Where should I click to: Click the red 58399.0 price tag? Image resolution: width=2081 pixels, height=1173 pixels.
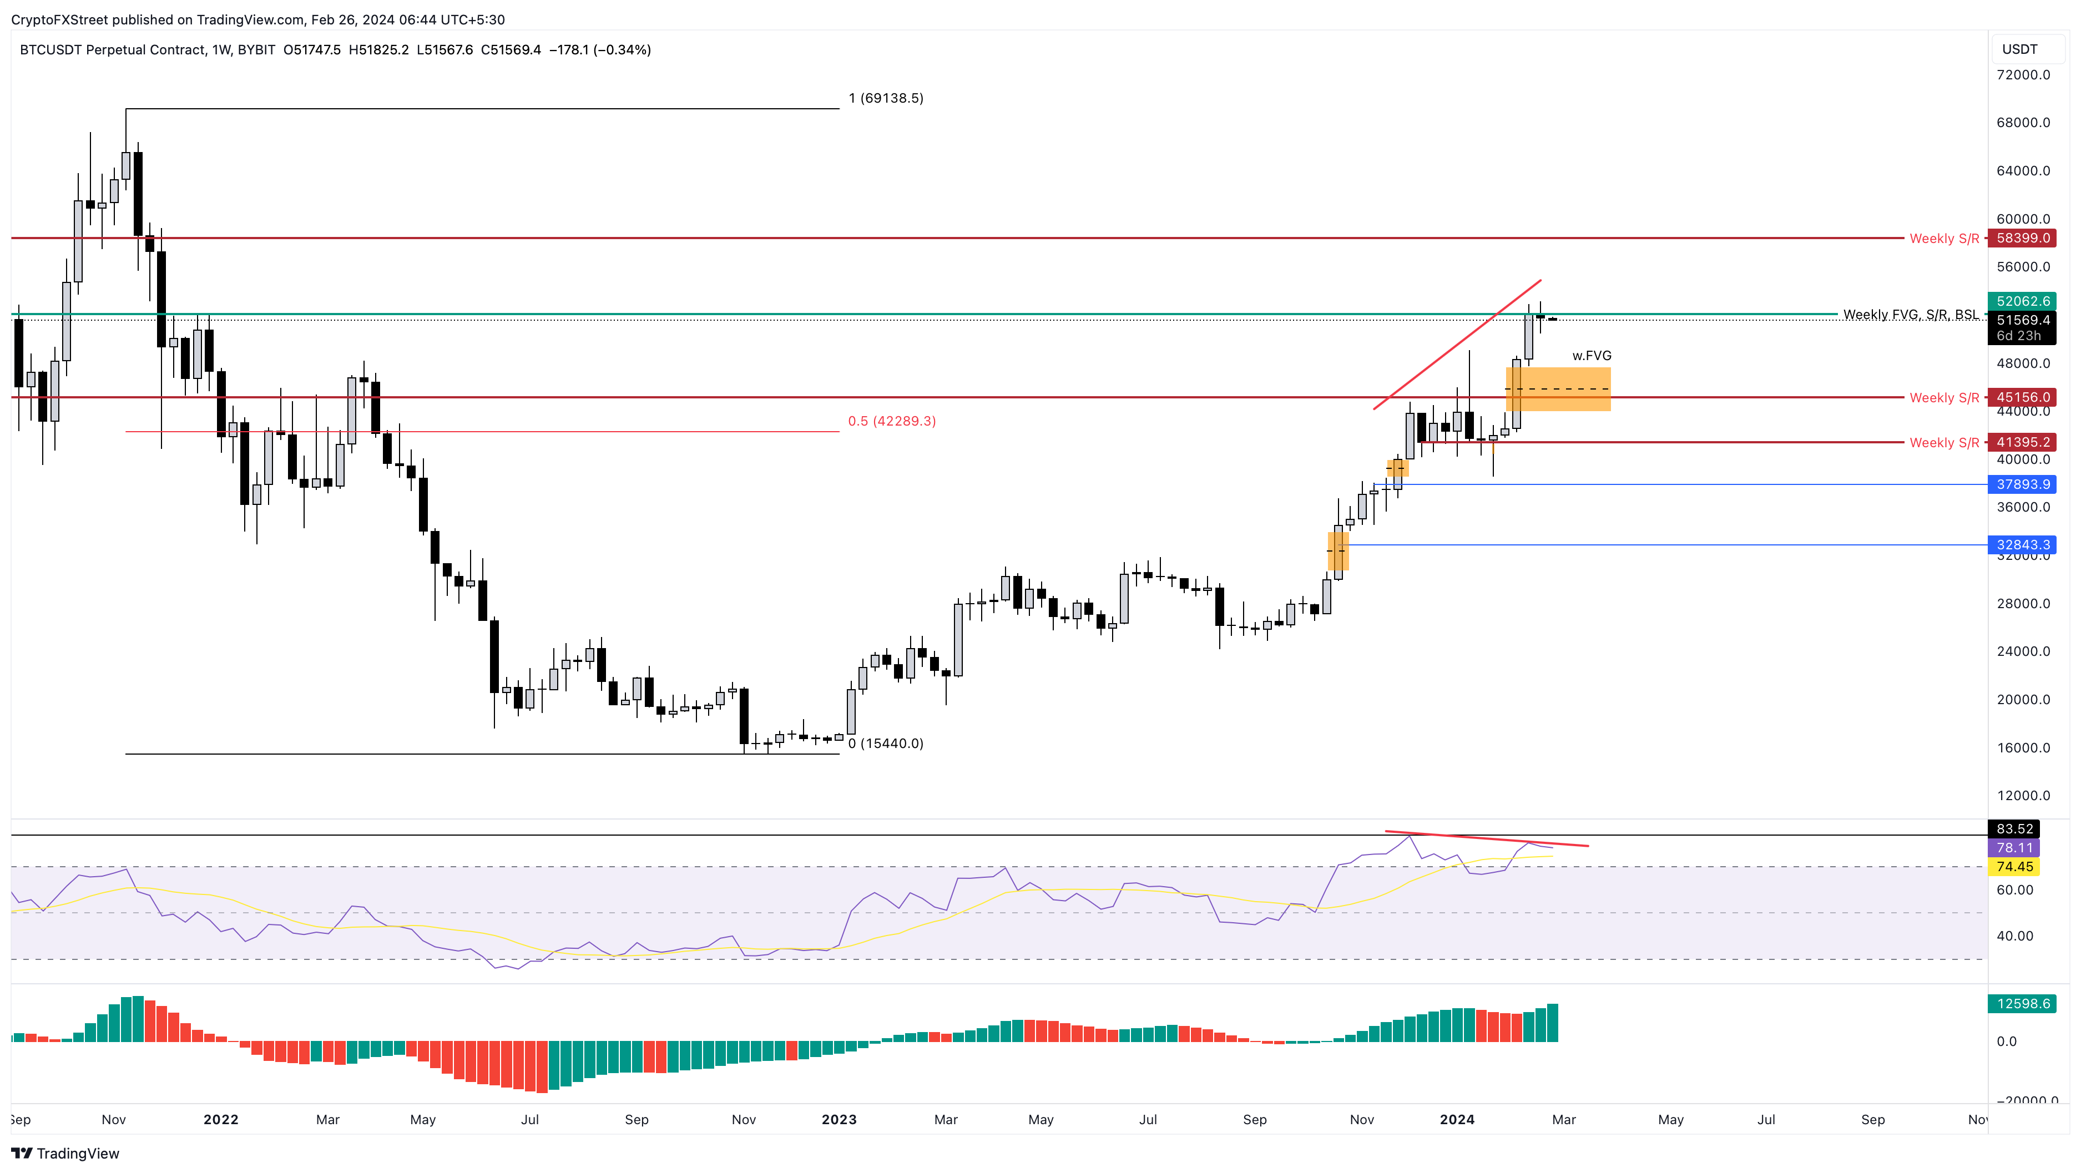[x=2023, y=238]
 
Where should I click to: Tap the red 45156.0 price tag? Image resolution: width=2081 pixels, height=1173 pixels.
[x=2023, y=397]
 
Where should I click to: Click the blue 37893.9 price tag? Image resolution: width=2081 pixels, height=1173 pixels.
[x=2023, y=485]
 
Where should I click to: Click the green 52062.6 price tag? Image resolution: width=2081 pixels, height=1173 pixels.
[x=2023, y=301]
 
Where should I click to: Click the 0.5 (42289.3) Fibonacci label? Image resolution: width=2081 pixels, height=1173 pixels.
[x=892, y=422]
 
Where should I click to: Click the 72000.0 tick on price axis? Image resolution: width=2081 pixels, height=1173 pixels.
[x=2023, y=75]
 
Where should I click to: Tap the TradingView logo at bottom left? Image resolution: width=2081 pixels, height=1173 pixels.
[x=66, y=1154]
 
